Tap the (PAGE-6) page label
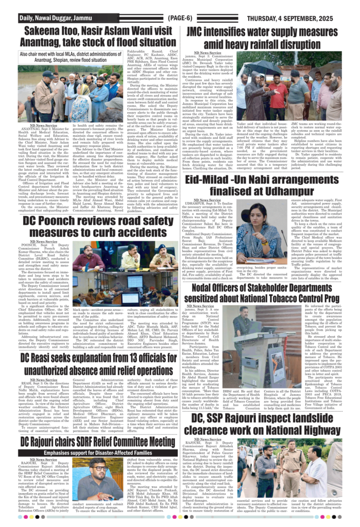coord(180,19)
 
